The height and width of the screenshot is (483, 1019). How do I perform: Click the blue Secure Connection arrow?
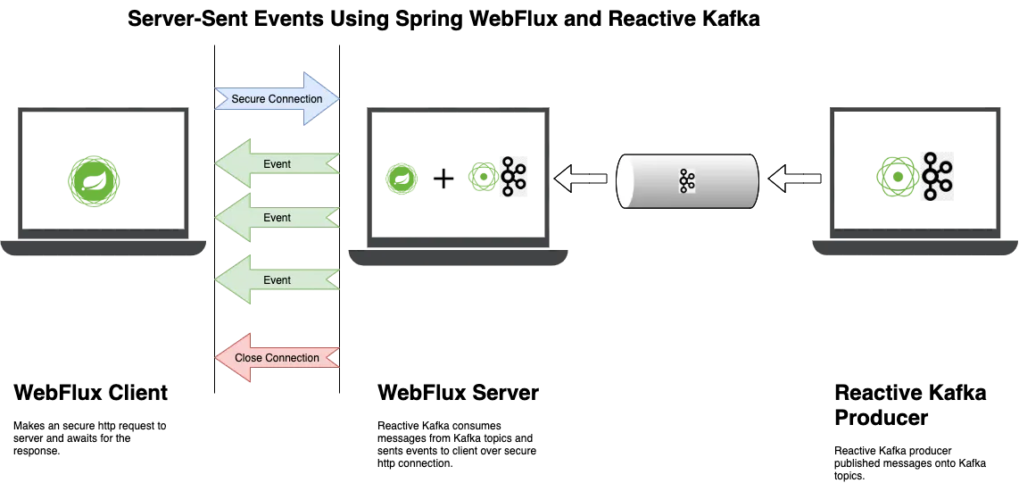tap(277, 98)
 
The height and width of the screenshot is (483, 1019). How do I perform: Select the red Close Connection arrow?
tap(277, 358)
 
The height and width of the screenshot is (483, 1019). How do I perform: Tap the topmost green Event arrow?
tap(277, 164)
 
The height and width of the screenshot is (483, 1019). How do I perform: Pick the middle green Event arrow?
tap(277, 218)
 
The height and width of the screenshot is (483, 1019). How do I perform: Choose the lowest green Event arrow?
tap(277, 280)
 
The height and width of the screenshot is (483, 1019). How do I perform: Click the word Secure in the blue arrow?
tap(249, 99)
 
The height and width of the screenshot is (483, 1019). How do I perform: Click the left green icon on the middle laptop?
tap(402, 179)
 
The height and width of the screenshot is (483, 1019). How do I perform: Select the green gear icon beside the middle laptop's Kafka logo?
tap(483, 177)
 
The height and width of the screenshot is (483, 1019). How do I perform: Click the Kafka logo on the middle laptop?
tap(512, 177)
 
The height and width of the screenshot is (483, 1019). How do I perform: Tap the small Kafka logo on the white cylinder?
tap(686, 181)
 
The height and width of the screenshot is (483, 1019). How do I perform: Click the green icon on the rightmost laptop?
tap(895, 176)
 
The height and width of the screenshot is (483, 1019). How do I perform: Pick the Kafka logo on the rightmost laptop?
tap(935, 176)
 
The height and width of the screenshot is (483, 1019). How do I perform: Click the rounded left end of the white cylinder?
tap(628, 181)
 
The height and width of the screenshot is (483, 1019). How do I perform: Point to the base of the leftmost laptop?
tap(103, 247)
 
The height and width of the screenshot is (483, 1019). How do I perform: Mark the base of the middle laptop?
tap(458, 260)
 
